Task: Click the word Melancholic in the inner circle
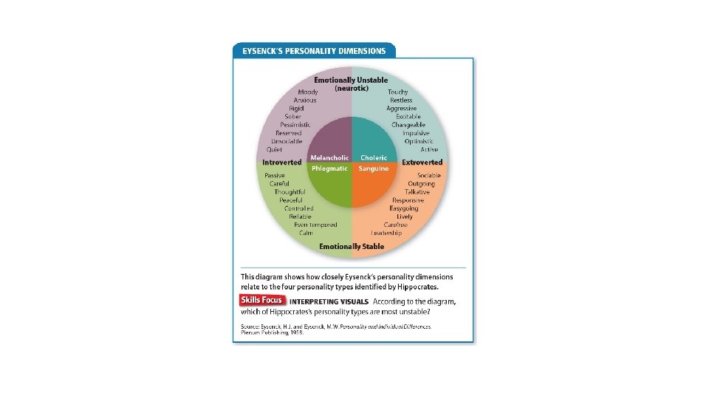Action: (x=329, y=157)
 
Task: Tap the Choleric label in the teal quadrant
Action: (x=373, y=157)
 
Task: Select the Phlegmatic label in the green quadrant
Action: (x=329, y=168)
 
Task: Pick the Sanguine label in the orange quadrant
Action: (x=374, y=168)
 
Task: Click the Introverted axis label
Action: (x=282, y=162)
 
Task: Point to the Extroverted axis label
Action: (x=422, y=162)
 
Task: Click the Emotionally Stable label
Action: (x=352, y=246)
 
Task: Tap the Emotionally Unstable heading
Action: (x=351, y=80)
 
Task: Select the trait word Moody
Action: (x=308, y=92)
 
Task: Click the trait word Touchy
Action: (x=397, y=92)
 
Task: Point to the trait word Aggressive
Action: (x=401, y=109)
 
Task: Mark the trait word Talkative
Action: (x=417, y=192)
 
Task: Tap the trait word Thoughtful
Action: (x=289, y=192)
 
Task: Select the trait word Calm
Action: (x=306, y=233)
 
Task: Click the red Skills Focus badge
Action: (x=262, y=300)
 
